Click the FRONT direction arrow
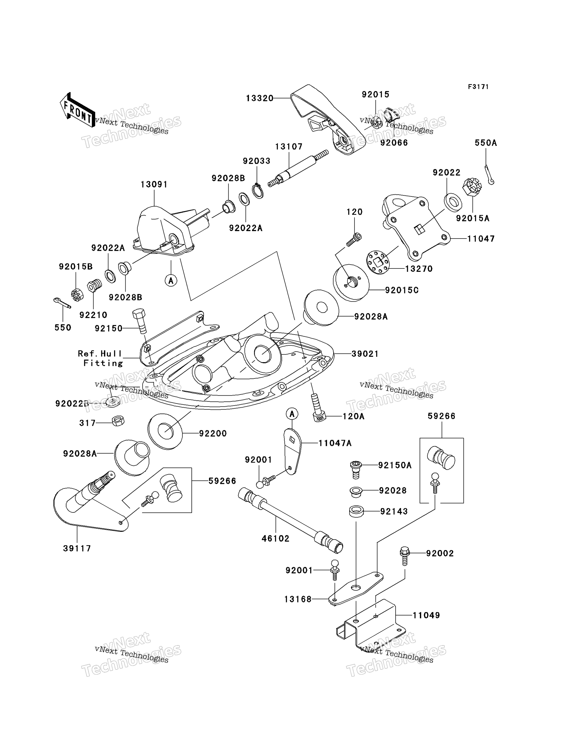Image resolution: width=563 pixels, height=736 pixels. pyautogui.click(x=77, y=110)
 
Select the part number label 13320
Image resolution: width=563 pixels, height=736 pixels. pyautogui.click(x=259, y=98)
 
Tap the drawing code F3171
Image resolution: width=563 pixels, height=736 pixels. pyautogui.click(x=478, y=87)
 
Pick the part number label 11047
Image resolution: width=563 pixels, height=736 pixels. pyautogui.click(x=481, y=239)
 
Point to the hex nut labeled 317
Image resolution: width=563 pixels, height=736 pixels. pyautogui.click(x=118, y=421)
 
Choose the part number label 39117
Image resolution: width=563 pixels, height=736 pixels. pyautogui.click(x=77, y=548)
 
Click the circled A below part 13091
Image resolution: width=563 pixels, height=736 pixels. pyautogui.click(x=171, y=280)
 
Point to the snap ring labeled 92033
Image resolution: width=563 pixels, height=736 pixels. pyautogui.click(x=258, y=192)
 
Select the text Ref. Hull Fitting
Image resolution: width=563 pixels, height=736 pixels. pyautogui.click(x=100, y=358)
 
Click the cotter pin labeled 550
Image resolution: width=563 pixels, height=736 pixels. pyautogui.click(x=62, y=302)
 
